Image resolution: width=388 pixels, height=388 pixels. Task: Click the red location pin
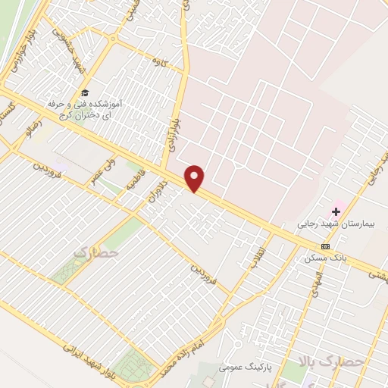pyautogui.click(x=196, y=179)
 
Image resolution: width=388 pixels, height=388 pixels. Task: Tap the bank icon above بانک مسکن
pyautogui.click(x=326, y=246)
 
